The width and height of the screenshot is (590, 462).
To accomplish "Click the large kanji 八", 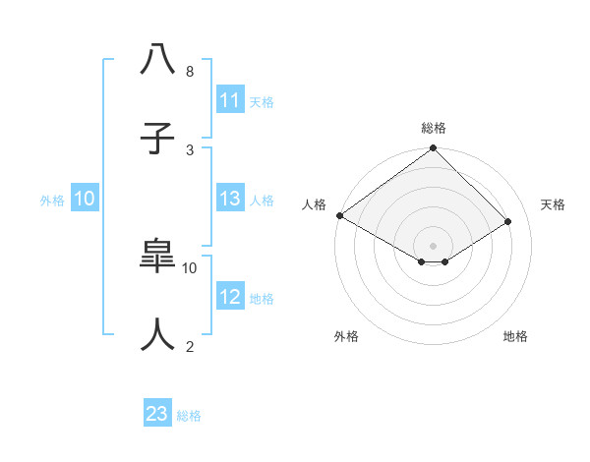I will tap(157, 60).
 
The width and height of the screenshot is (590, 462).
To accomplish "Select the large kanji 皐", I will tap(157, 257).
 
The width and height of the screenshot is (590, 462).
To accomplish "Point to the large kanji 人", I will tap(157, 335).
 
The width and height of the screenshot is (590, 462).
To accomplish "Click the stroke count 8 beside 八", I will tap(190, 72).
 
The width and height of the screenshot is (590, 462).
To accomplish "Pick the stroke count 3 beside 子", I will tap(190, 149).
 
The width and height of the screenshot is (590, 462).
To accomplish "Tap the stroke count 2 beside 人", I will tap(190, 346).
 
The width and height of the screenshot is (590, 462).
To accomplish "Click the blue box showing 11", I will tap(230, 100).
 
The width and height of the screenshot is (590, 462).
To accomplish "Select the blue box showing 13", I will tap(230, 199).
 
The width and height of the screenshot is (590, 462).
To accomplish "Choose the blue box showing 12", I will tap(230, 297).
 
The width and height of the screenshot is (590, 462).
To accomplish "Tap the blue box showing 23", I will tap(157, 414).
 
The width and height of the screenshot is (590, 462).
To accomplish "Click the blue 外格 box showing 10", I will tap(85, 199).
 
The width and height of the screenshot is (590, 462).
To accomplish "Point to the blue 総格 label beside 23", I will tap(189, 416).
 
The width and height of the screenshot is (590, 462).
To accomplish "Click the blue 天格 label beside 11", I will tap(262, 101).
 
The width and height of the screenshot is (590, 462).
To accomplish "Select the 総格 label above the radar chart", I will tap(433, 128).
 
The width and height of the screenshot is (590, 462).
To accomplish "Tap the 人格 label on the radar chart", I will tap(314, 204).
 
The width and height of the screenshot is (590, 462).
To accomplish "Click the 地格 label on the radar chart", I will tap(515, 336).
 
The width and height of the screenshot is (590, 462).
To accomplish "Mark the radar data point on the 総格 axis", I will tap(433, 149).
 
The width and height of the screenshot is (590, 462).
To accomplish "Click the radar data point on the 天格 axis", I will tap(508, 221).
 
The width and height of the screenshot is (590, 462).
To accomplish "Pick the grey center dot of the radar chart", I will tap(433, 246).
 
